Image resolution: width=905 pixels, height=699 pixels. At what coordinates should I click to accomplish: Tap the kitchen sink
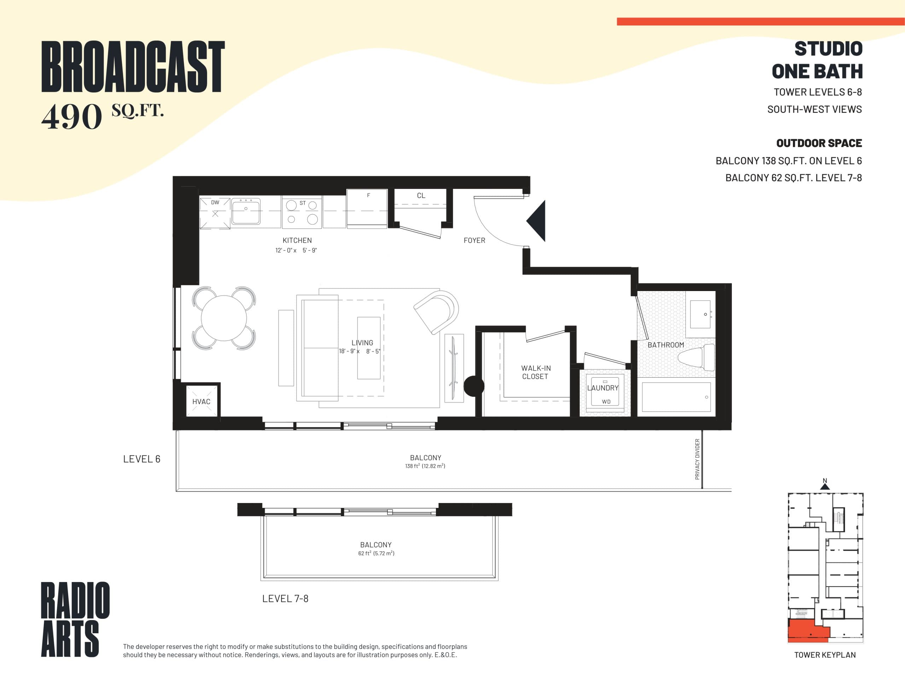click(246, 211)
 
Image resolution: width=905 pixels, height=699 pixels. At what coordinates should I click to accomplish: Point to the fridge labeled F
click(367, 209)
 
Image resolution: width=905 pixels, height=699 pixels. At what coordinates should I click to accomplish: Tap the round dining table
click(224, 318)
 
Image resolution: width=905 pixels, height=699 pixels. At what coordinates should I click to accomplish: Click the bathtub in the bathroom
click(676, 397)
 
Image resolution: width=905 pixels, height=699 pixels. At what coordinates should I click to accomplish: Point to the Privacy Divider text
click(697, 459)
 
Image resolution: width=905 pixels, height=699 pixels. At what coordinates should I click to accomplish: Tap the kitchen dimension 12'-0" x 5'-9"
click(296, 250)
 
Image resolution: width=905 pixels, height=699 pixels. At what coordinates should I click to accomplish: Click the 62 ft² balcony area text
click(376, 553)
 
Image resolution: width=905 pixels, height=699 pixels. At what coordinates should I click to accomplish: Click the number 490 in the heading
click(72, 116)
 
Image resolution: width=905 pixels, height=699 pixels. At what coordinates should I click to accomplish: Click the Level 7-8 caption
click(285, 598)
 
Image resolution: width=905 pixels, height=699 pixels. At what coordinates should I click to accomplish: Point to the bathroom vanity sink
click(700, 314)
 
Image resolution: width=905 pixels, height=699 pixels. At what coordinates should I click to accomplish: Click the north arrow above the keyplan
click(825, 484)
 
